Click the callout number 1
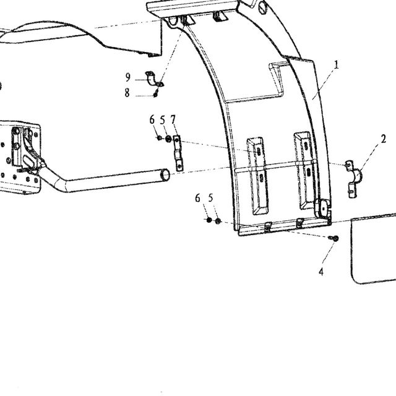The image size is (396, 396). pyautogui.click(x=336, y=64)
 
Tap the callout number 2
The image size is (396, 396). pyautogui.click(x=384, y=139)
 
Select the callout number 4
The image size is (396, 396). pyautogui.click(x=321, y=272)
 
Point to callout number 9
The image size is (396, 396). pyautogui.click(x=128, y=77)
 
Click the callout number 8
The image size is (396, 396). pyautogui.click(x=127, y=93)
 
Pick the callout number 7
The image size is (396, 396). pyautogui.click(x=173, y=119)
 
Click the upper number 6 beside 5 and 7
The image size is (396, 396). pyautogui.click(x=152, y=119)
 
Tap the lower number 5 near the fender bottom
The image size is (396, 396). pyautogui.click(x=210, y=198)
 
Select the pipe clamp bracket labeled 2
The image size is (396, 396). pyautogui.click(x=354, y=178)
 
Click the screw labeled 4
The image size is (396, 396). pyautogui.click(x=334, y=238)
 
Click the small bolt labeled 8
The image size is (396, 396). pyautogui.click(x=155, y=95)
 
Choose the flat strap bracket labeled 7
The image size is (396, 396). pyautogui.click(x=178, y=153)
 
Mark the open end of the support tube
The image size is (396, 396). pyautogui.click(x=165, y=174)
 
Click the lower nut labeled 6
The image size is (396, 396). pyautogui.click(x=209, y=220)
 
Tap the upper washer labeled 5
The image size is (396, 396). pyautogui.click(x=168, y=139)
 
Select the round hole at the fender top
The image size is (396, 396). pyautogui.click(x=262, y=7)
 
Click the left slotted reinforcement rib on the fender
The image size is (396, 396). pyautogui.click(x=257, y=176)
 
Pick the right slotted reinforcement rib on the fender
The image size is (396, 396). pyautogui.click(x=305, y=171)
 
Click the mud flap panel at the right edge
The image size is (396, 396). pyautogui.click(x=374, y=249)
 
